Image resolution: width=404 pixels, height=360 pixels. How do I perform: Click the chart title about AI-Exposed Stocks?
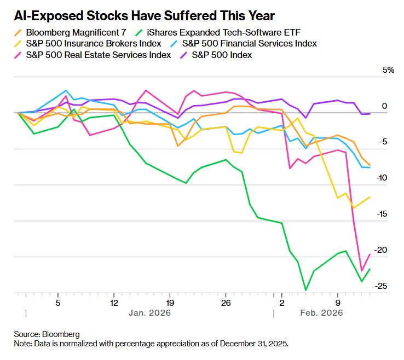click(146, 15)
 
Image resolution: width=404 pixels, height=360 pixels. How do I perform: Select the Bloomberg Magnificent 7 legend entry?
click(72, 32)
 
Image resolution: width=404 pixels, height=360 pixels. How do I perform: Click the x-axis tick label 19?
click(170, 301)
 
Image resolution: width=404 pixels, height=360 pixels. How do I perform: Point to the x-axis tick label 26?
click(226, 301)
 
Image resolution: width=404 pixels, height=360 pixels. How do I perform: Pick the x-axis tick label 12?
click(114, 301)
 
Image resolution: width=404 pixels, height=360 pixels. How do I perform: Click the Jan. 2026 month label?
click(149, 313)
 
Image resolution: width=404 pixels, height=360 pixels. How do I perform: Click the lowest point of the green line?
click(305, 290)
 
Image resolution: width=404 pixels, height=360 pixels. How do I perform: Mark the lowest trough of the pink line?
click(362, 270)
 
